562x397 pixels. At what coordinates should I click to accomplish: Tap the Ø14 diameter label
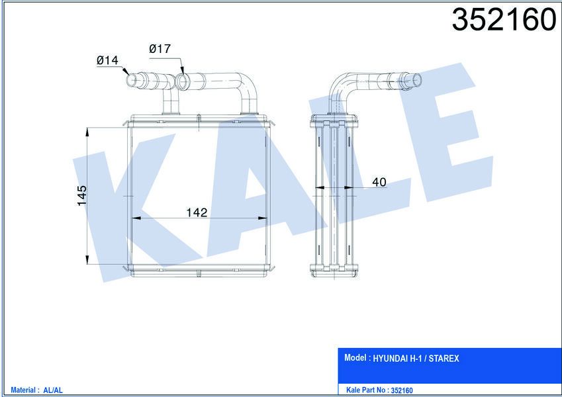(107, 60)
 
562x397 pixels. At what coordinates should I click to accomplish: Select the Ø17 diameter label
(160, 48)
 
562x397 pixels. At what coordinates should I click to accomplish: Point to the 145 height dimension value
(82, 196)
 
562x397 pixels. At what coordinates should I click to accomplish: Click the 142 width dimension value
(197, 212)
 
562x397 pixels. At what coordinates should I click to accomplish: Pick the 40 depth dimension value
(379, 183)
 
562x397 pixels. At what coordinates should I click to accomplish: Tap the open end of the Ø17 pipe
(183, 82)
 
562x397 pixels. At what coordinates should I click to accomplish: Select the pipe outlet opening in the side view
(418, 79)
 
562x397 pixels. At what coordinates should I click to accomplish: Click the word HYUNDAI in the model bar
(396, 359)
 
